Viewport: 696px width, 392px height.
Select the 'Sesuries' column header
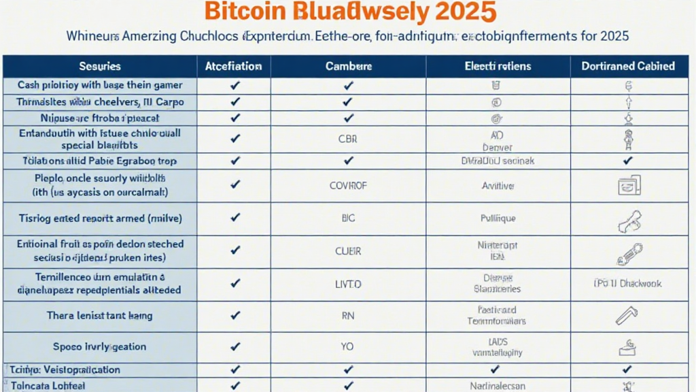click(x=100, y=66)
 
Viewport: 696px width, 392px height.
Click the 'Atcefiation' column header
click(x=234, y=66)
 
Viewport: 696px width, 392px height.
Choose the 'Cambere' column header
click(x=348, y=66)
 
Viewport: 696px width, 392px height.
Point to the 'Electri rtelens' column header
click(x=498, y=66)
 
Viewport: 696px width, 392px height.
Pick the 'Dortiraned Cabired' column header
click(x=627, y=66)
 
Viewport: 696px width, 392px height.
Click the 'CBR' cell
click(x=348, y=138)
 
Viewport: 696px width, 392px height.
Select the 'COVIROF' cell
click(x=348, y=185)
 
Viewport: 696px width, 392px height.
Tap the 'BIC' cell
click(x=348, y=218)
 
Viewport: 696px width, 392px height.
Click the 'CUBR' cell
click(x=348, y=250)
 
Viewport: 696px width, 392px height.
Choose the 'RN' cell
click(x=348, y=316)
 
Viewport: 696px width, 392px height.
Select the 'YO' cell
click(x=348, y=346)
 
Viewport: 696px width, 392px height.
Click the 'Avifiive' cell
click(x=498, y=185)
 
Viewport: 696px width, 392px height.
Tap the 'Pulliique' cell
click(x=498, y=218)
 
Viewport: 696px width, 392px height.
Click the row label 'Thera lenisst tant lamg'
click(x=100, y=316)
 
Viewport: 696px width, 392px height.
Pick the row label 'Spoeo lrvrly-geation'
click(x=100, y=346)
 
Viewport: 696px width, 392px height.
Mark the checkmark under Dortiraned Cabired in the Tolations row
click(x=627, y=161)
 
